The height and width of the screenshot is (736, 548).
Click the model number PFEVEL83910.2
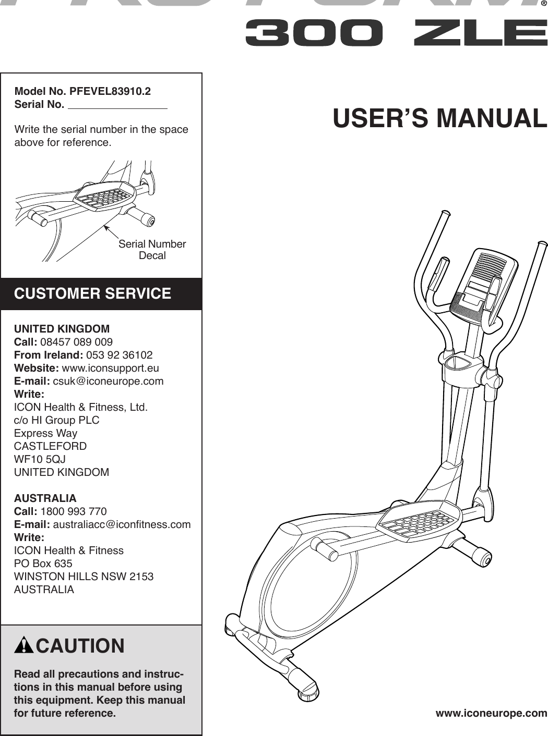click(110, 91)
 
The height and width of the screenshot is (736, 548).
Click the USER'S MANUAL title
click(439, 118)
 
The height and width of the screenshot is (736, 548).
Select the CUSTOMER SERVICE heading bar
click(101, 293)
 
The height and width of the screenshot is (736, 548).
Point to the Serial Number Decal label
click(152, 250)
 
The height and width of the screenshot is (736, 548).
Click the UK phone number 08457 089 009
click(76, 342)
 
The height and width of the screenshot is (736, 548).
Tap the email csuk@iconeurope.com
click(108, 381)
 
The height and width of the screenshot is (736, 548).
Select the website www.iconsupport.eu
click(110, 368)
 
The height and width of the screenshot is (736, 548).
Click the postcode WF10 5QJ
click(40, 459)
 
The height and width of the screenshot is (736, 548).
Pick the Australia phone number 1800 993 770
click(73, 511)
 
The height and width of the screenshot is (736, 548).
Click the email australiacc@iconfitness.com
click(122, 524)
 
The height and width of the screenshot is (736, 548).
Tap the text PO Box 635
click(43, 563)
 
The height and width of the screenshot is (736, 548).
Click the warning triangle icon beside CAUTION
click(23, 646)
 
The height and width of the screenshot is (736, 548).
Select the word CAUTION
click(80, 646)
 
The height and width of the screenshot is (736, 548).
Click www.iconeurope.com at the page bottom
click(491, 713)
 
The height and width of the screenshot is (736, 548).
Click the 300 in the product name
click(314, 33)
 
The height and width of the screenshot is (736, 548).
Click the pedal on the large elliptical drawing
click(419, 521)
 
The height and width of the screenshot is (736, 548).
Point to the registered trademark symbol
click(543, 4)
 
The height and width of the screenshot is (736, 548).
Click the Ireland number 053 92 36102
click(119, 355)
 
